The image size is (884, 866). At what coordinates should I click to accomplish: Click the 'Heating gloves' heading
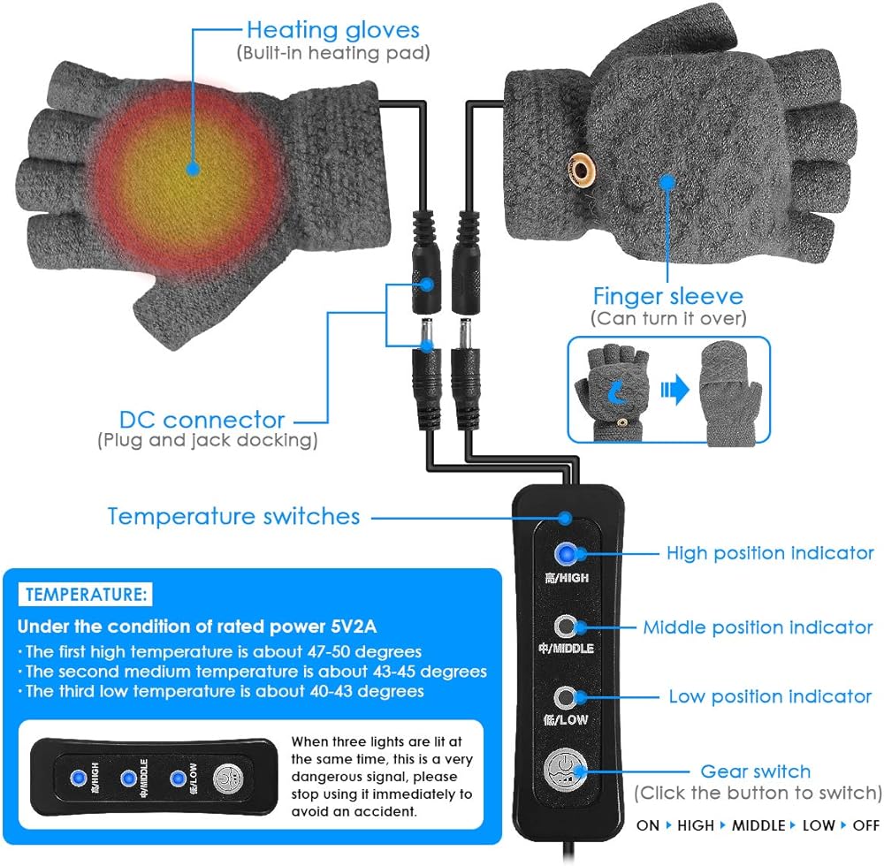333,31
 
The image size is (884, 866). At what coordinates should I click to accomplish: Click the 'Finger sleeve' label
667,295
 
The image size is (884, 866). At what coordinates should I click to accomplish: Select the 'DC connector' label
202,419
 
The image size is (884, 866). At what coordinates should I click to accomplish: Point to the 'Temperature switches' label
233,516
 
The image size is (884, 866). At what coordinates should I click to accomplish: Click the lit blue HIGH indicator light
564,554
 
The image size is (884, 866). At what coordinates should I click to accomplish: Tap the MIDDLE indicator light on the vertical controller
564,627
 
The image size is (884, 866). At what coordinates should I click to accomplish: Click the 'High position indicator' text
769,553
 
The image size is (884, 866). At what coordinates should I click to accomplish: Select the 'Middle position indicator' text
758,627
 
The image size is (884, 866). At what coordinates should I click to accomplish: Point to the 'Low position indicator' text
769,696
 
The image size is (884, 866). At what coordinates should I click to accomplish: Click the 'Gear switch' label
755,771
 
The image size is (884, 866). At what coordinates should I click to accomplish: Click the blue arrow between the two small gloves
674,389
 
